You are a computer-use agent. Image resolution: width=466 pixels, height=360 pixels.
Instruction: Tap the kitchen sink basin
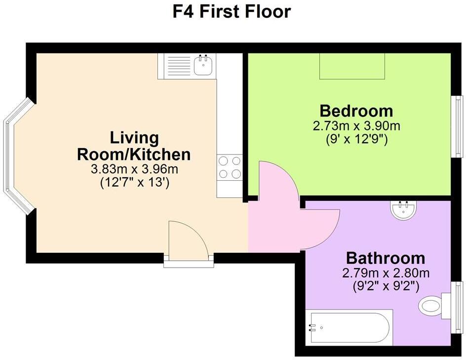[203, 66]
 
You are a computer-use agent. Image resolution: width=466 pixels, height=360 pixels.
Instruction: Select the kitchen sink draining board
[176, 66]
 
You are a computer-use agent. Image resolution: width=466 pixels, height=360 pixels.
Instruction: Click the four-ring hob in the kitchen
[230, 167]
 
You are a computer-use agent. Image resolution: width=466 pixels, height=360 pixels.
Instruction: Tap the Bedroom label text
[356, 111]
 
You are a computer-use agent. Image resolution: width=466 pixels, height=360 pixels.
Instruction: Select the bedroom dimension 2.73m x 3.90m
[356, 126]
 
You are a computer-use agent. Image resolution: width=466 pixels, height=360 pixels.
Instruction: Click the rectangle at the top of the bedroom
[352, 66]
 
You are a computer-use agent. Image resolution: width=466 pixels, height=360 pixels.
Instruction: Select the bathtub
[349, 327]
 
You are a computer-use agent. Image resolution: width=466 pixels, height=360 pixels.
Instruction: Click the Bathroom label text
[386, 258]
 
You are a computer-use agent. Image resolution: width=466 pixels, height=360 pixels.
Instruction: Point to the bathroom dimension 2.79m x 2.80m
[386, 273]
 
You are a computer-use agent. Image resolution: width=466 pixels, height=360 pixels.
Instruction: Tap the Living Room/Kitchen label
[134, 146]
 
